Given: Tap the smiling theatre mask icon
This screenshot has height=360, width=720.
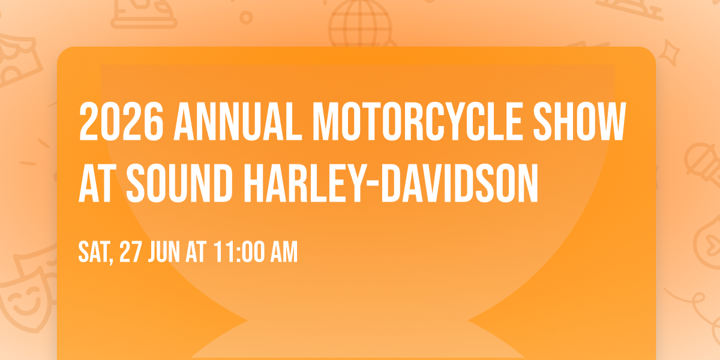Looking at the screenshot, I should pos(24,300).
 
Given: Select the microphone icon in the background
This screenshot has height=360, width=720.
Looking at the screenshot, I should pos(702,162).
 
